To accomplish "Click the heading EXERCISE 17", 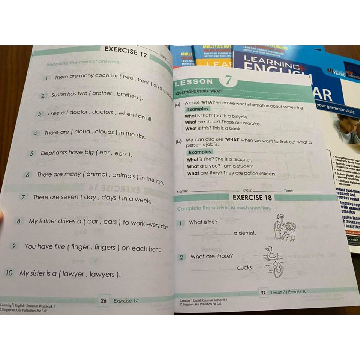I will (x=126, y=52).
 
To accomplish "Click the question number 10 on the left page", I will (x=9, y=273).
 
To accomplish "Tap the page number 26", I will (x=103, y=300).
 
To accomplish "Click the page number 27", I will (x=263, y=292).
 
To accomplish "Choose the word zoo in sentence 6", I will (x=159, y=182).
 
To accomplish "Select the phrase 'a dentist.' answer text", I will (x=245, y=233).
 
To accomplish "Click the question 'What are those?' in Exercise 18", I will (x=211, y=256).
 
